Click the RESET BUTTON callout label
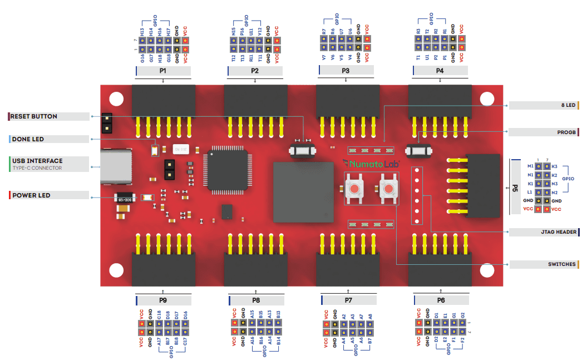[34, 117]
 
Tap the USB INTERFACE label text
[37, 161]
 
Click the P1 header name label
[163, 71]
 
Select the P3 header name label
[346, 71]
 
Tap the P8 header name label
[255, 300]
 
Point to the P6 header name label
[441, 300]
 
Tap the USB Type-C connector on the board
[116, 166]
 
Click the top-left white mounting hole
[116, 99]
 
